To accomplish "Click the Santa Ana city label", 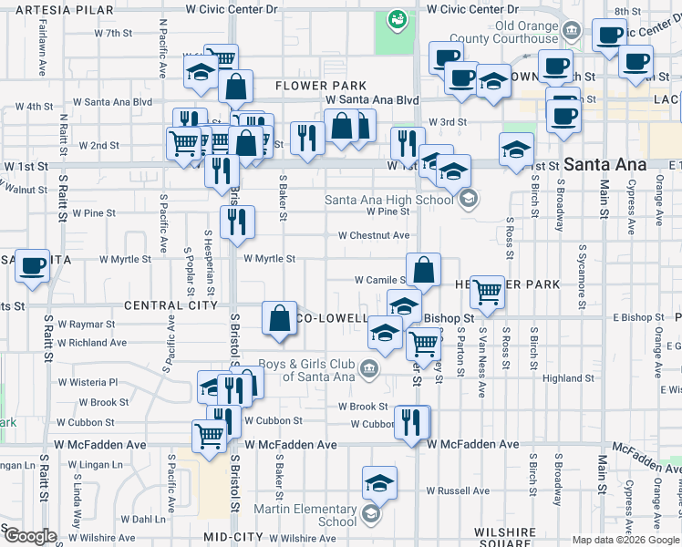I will click(605, 165).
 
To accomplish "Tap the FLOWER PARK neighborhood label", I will click(308, 86).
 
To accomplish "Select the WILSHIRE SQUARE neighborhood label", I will click(502, 537).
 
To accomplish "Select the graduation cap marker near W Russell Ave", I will click(379, 482).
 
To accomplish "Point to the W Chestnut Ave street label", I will click(373, 235).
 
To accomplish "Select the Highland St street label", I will click(568, 378).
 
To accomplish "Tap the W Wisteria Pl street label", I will click(88, 382).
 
